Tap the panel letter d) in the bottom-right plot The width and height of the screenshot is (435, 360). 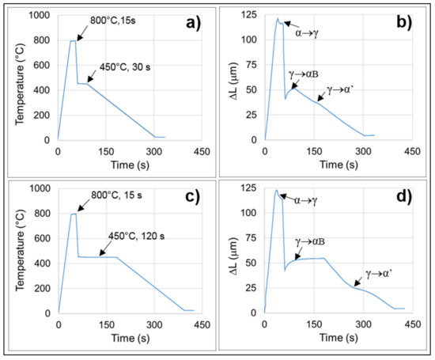pos(406,197)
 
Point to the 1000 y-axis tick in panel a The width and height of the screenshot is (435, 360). pos(36,16)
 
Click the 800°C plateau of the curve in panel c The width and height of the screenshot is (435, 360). pos(74,214)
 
